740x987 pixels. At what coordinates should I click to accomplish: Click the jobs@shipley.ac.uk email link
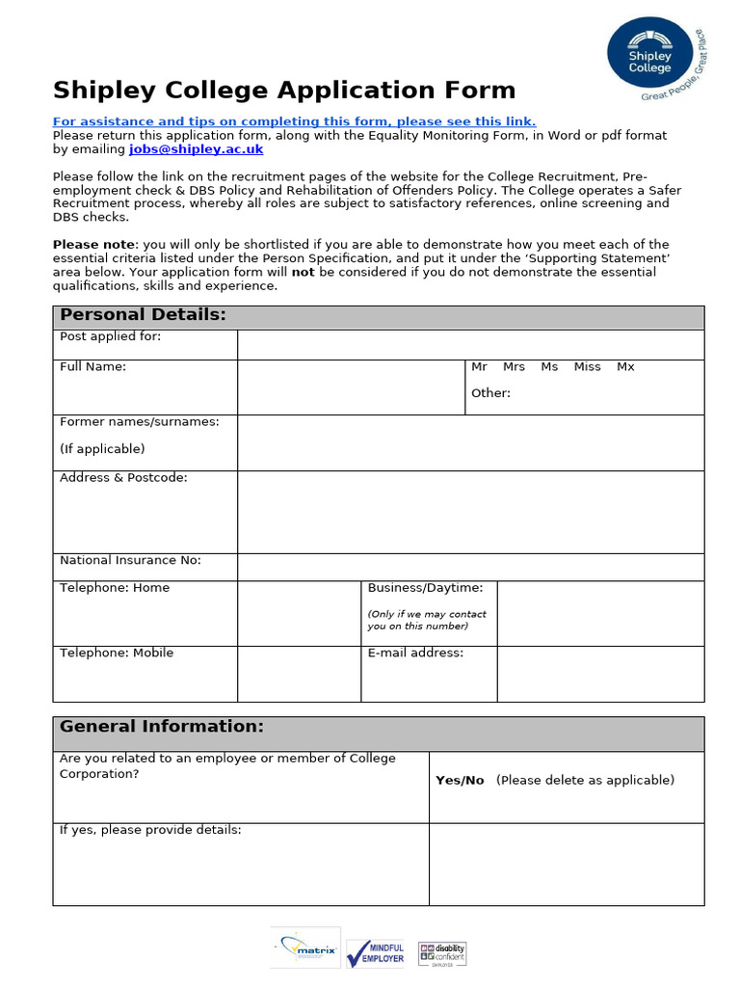click(x=196, y=149)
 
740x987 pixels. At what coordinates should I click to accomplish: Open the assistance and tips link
click(x=294, y=121)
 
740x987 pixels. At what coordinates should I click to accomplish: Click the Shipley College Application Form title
click(x=284, y=91)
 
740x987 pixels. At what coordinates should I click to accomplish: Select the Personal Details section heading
click(x=143, y=315)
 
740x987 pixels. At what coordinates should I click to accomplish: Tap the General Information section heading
click(x=161, y=727)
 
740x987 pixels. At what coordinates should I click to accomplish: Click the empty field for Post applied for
click(x=470, y=344)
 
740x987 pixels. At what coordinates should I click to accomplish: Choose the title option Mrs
click(x=514, y=367)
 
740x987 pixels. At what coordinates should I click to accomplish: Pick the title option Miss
click(x=587, y=367)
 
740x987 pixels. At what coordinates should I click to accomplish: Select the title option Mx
click(x=625, y=367)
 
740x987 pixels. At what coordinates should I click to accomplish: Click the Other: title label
click(x=490, y=393)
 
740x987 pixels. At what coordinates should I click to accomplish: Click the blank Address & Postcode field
click(x=470, y=512)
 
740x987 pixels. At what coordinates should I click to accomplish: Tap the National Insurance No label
click(x=130, y=561)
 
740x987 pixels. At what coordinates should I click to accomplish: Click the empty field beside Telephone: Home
click(x=299, y=613)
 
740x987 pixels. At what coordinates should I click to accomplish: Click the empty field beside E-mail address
click(x=600, y=674)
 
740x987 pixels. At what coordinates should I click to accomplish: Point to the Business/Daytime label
click(x=425, y=588)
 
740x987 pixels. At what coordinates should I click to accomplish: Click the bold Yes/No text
click(x=460, y=781)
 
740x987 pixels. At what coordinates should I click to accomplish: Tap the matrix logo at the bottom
click(x=304, y=948)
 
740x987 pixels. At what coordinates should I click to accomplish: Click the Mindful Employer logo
click(x=375, y=952)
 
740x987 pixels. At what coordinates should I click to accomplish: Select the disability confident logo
click(x=441, y=952)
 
